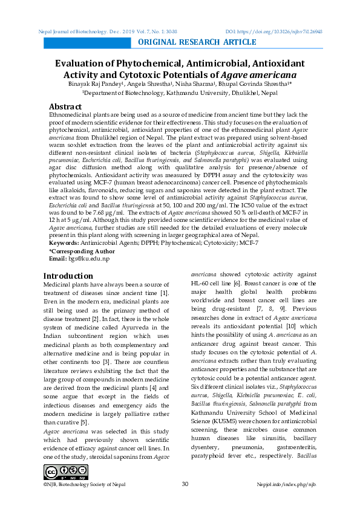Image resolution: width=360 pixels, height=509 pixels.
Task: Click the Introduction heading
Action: tap(68, 276)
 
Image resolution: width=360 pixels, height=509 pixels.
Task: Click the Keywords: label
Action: tap(64, 242)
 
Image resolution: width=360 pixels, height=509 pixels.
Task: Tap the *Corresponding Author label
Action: tap(82, 250)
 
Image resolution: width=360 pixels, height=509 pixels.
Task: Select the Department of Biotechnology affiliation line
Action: tap(180, 93)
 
